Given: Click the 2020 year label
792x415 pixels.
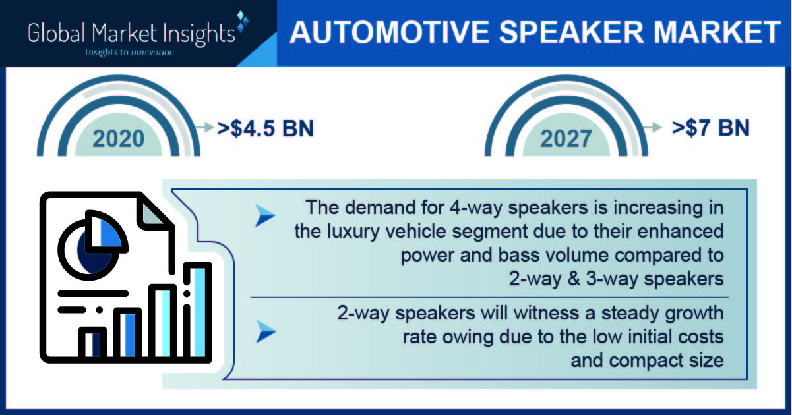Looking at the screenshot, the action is pyautogui.click(x=119, y=138).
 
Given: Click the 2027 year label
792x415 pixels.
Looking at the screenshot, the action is pyautogui.click(x=566, y=138).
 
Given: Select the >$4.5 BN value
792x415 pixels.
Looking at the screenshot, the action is pyautogui.click(x=266, y=128).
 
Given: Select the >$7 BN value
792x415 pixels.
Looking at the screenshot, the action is pyautogui.click(x=711, y=128).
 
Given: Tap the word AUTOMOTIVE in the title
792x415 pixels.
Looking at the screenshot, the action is pyautogui.click(x=390, y=32).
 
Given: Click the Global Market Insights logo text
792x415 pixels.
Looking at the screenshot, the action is pyautogui.click(x=131, y=34).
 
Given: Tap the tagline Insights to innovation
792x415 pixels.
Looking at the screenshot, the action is pyautogui.click(x=130, y=52).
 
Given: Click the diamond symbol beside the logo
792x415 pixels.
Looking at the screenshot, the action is pyautogui.click(x=242, y=21).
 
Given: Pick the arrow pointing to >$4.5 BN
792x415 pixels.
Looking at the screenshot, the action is pyautogui.click(x=205, y=127).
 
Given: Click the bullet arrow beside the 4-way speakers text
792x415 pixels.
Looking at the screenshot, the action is pyautogui.click(x=265, y=215).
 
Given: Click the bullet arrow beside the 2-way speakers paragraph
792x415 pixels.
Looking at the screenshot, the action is pyautogui.click(x=266, y=331).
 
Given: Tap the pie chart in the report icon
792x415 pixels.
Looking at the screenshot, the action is pyautogui.click(x=92, y=245).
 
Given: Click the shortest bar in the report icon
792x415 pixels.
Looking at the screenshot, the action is pyautogui.click(x=92, y=344).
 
